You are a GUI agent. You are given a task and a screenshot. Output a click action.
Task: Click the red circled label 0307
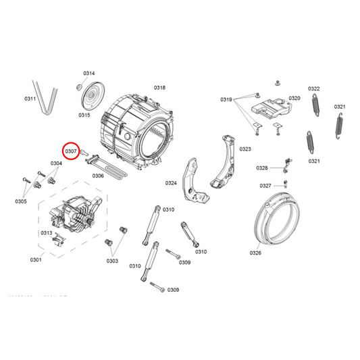pos(71,152)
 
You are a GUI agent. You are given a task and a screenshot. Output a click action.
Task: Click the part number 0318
pos(159,88)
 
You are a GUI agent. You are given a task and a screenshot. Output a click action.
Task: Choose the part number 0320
pos(294,99)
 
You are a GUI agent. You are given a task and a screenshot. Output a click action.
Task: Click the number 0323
pos(245,149)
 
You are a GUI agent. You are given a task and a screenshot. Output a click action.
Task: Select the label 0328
pos(262,168)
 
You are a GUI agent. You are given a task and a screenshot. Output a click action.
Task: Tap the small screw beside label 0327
pos(286,183)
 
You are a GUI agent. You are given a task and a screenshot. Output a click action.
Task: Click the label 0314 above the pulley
pos(89,73)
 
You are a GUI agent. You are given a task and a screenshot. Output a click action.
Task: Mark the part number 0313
pos(46,233)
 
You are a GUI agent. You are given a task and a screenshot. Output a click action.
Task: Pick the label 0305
pos(21,201)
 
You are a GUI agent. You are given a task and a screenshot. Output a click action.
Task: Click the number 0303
pos(112,260)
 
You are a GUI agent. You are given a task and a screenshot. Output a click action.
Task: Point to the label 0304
pos(56,163)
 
